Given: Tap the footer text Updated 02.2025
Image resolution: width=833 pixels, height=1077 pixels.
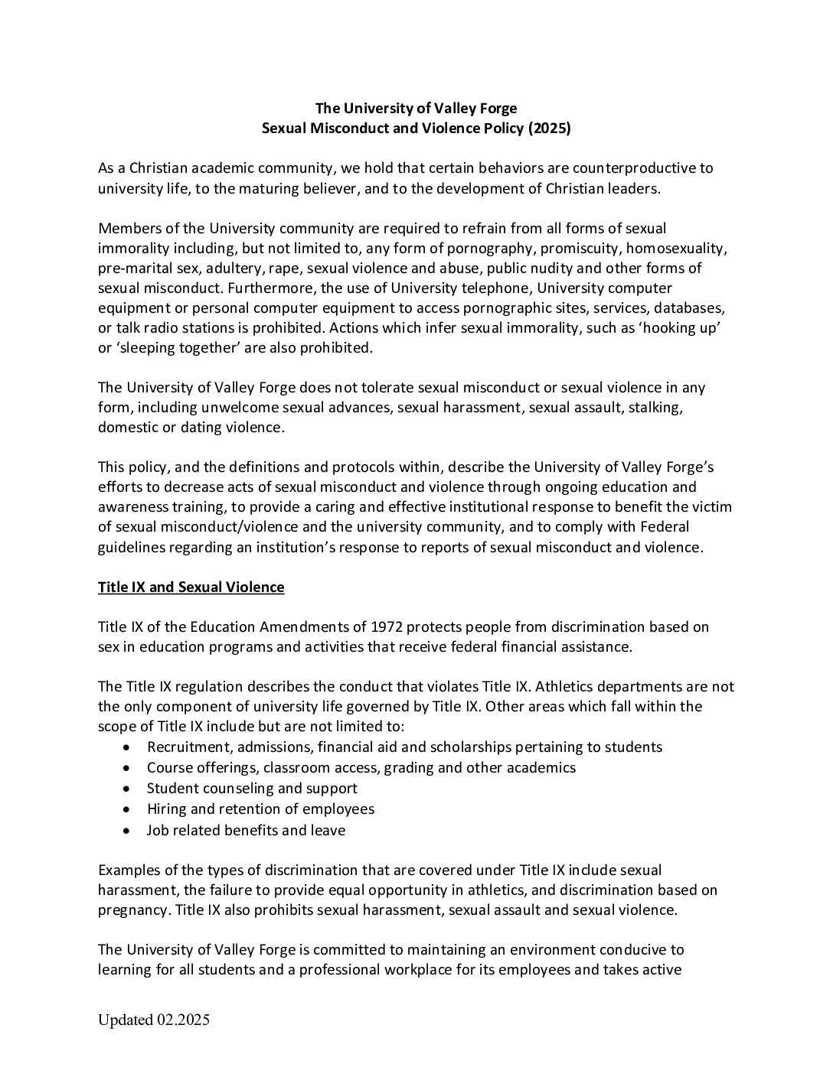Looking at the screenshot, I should coord(154,1020).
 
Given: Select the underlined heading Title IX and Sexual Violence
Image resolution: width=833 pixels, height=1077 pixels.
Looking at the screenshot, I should coord(191,587).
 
